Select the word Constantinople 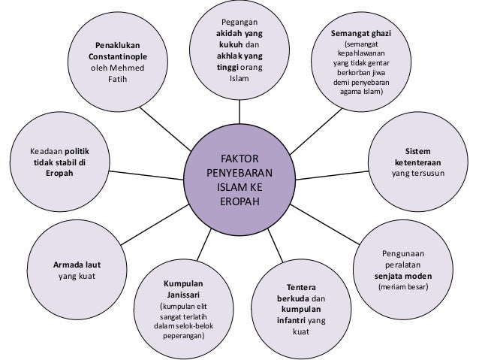116,57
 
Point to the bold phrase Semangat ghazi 361,35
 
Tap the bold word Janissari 182,295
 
